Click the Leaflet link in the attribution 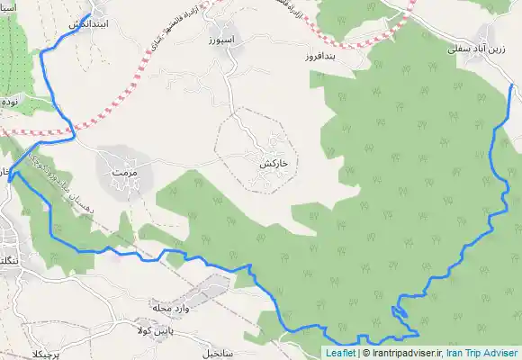[340, 354]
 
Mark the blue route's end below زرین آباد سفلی [511, 85]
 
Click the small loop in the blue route [400, 312]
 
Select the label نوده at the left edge [10, 101]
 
